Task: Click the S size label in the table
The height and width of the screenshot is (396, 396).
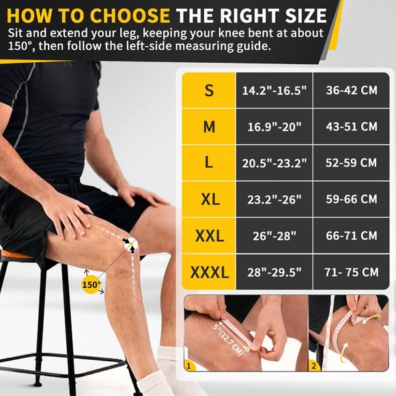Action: click(209, 90)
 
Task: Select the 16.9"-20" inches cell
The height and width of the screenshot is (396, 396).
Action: click(274, 127)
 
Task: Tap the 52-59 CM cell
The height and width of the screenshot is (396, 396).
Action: click(351, 163)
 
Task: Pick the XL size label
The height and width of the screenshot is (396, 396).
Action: click(210, 199)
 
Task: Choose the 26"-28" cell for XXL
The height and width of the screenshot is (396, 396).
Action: click(274, 236)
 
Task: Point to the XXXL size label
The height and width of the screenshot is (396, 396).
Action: click(210, 272)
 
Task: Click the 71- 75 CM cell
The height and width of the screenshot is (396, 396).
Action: click(352, 272)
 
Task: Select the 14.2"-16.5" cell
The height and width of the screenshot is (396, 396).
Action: click(274, 90)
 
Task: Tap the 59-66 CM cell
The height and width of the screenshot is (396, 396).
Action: click(352, 199)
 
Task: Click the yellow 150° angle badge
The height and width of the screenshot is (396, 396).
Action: click(91, 285)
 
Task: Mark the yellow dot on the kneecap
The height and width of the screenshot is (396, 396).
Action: click(131, 244)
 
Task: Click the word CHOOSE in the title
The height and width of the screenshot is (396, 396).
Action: click(130, 16)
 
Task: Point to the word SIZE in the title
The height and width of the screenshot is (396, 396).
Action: click(306, 16)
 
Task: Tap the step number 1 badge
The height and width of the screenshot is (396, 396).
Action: click(188, 366)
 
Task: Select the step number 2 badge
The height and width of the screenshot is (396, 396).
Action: click(314, 366)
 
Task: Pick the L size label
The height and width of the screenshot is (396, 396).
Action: click(209, 163)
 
